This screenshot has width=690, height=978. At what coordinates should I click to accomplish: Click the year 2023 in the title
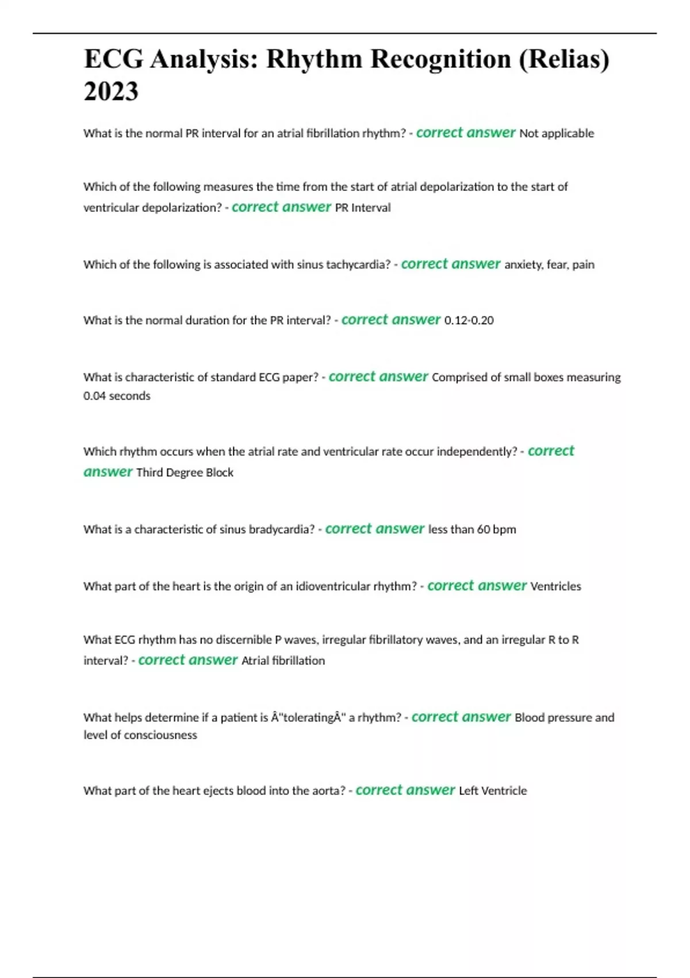(111, 91)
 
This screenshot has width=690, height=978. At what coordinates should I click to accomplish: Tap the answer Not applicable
(556, 133)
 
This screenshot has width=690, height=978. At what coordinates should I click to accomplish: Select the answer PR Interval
(362, 208)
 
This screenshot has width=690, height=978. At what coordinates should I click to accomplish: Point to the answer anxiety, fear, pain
(549, 265)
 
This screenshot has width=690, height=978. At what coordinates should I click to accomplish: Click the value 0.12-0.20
(469, 320)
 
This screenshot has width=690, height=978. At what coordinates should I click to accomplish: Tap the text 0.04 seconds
(117, 396)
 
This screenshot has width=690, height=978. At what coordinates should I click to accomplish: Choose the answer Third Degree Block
(185, 472)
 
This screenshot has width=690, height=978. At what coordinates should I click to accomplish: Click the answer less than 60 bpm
(471, 529)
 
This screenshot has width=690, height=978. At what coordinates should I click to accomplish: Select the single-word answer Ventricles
(555, 586)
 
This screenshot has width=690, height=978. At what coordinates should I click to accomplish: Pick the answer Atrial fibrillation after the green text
(283, 660)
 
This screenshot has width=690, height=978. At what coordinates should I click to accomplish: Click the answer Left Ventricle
(492, 790)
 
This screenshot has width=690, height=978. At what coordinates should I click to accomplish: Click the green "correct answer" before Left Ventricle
(405, 790)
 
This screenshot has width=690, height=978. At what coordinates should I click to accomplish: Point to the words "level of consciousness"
(140, 735)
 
